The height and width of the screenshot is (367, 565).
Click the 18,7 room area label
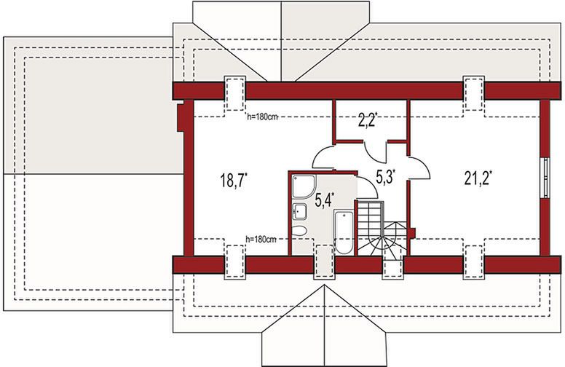[x=234, y=180]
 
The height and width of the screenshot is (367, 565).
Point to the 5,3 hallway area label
[x=386, y=176]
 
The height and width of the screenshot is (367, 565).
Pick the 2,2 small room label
[x=368, y=120]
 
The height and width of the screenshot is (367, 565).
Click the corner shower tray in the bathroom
[x=304, y=186]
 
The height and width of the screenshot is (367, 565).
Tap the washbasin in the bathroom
[x=299, y=211]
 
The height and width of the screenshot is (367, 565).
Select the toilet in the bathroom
[x=299, y=231]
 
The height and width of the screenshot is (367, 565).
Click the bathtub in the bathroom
[x=343, y=232]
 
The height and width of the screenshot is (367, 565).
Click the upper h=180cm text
[x=262, y=117]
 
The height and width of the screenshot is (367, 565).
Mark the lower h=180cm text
[x=261, y=239]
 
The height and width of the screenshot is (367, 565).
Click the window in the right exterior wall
[x=546, y=178]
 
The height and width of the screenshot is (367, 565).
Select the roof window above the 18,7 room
[x=235, y=93]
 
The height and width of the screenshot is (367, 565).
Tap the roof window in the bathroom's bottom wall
[x=323, y=261]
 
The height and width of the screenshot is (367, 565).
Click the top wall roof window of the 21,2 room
[x=473, y=93]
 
